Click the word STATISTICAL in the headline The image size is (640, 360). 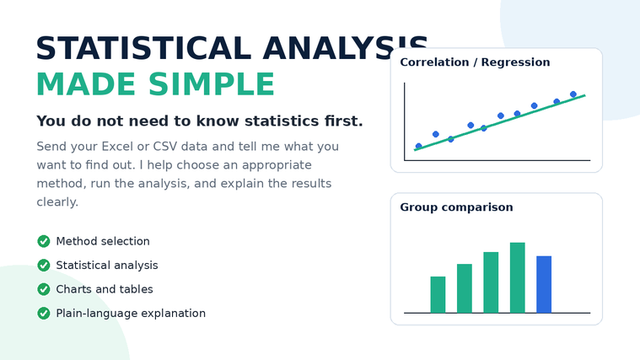[143, 48]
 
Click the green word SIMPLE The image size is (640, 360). [212, 84]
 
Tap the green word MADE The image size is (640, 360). [86, 84]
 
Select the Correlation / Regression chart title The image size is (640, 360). [475, 62]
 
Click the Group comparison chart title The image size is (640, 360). [456, 207]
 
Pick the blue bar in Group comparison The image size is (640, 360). [544, 284]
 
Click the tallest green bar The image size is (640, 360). [518, 277]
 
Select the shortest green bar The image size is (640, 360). [438, 295]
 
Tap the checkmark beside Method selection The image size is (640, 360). [44, 241]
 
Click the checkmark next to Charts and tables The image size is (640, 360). [44, 289]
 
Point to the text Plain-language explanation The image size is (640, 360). [131, 313]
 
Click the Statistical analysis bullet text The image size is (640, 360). [107, 266]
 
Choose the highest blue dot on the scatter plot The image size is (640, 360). [573, 94]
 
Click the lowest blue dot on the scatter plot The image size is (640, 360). [418, 146]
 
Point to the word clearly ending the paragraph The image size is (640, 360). [57, 202]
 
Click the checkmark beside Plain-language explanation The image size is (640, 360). [44, 313]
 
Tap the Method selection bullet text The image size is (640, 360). [103, 241]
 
